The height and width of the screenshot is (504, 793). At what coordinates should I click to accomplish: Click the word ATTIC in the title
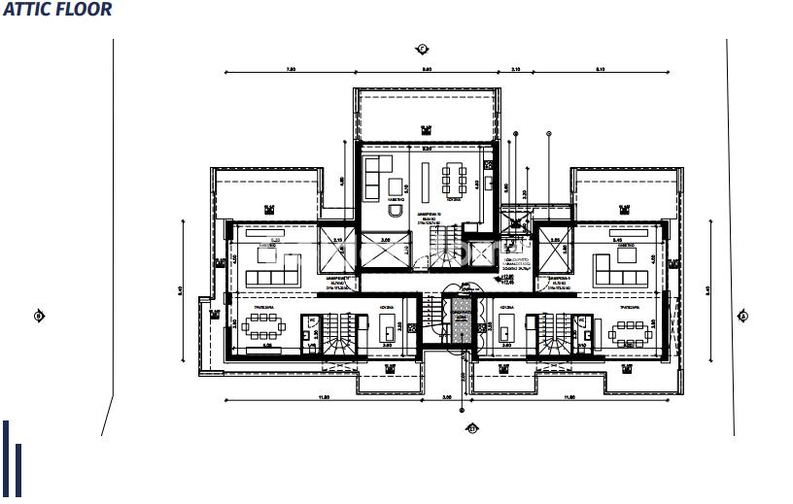coord(25,10)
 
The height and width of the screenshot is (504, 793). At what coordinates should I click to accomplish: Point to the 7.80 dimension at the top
coord(291,69)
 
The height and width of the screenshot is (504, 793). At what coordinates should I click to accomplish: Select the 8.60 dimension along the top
coord(426,69)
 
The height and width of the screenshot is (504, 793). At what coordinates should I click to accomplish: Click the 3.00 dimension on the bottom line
coord(447,397)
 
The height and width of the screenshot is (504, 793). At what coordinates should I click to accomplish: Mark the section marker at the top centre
coord(422,48)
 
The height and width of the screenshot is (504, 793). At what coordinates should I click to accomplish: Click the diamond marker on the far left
coord(39,316)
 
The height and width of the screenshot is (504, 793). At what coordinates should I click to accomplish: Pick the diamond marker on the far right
coord(743,316)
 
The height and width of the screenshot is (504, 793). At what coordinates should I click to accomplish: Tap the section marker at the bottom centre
coord(472,427)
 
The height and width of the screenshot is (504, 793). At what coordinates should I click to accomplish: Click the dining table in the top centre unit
coord(453,179)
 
